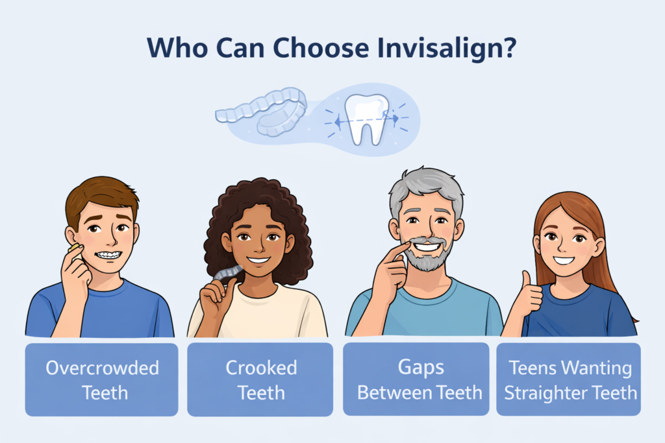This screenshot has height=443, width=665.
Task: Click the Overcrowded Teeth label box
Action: click(x=101, y=379)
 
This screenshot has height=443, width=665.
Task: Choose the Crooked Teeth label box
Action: click(x=260, y=379)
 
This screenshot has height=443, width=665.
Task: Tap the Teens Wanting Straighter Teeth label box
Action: click(x=570, y=379)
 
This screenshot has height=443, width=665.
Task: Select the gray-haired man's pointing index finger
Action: click(x=397, y=250)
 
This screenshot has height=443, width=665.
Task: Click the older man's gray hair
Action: click(x=426, y=185)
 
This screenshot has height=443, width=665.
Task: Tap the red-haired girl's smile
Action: click(x=564, y=260)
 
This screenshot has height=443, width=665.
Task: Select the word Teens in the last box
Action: click(x=531, y=368)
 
